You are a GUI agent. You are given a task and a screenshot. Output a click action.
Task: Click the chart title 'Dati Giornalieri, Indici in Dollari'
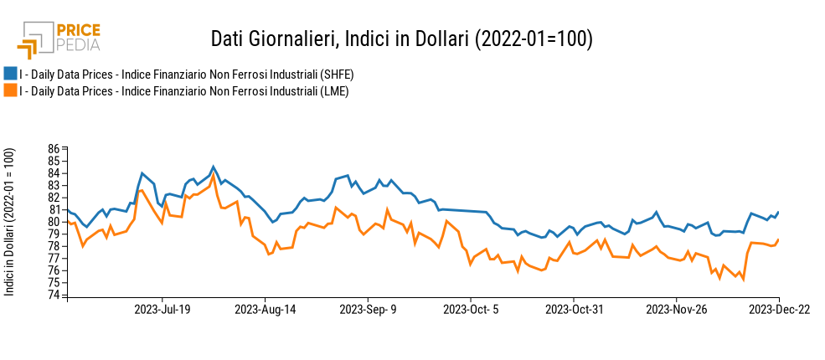click(401, 39)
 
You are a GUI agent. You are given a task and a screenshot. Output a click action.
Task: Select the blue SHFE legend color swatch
click(10, 75)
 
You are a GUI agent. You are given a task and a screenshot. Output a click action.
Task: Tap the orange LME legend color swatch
click(10, 90)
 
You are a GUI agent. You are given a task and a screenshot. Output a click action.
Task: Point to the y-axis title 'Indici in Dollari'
click(10, 221)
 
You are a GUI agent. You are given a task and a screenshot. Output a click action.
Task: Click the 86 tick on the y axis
click(54, 149)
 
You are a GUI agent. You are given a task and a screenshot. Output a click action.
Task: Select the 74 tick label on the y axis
click(54, 295)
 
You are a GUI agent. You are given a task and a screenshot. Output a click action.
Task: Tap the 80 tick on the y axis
click(54, 222)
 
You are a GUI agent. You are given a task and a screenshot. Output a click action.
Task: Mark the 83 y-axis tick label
click(54, 186)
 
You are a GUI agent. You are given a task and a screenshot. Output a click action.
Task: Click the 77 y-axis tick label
click(54, 259)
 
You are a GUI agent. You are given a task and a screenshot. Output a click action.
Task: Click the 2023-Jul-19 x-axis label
click(162, 309)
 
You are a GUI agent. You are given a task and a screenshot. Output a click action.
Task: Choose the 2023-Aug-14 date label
click(265, 309)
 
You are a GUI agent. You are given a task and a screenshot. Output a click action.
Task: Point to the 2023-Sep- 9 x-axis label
click(368, 309)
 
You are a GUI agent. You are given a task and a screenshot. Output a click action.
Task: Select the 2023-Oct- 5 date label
click(471, 309)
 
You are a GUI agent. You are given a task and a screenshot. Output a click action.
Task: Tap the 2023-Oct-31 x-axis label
click(574, 309)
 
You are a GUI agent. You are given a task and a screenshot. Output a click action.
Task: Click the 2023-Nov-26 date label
click(677, 309)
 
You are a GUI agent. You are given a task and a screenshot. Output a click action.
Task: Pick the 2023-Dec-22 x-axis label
click(779, 309)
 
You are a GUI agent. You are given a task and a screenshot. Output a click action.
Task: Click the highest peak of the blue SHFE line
click(214, 167)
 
